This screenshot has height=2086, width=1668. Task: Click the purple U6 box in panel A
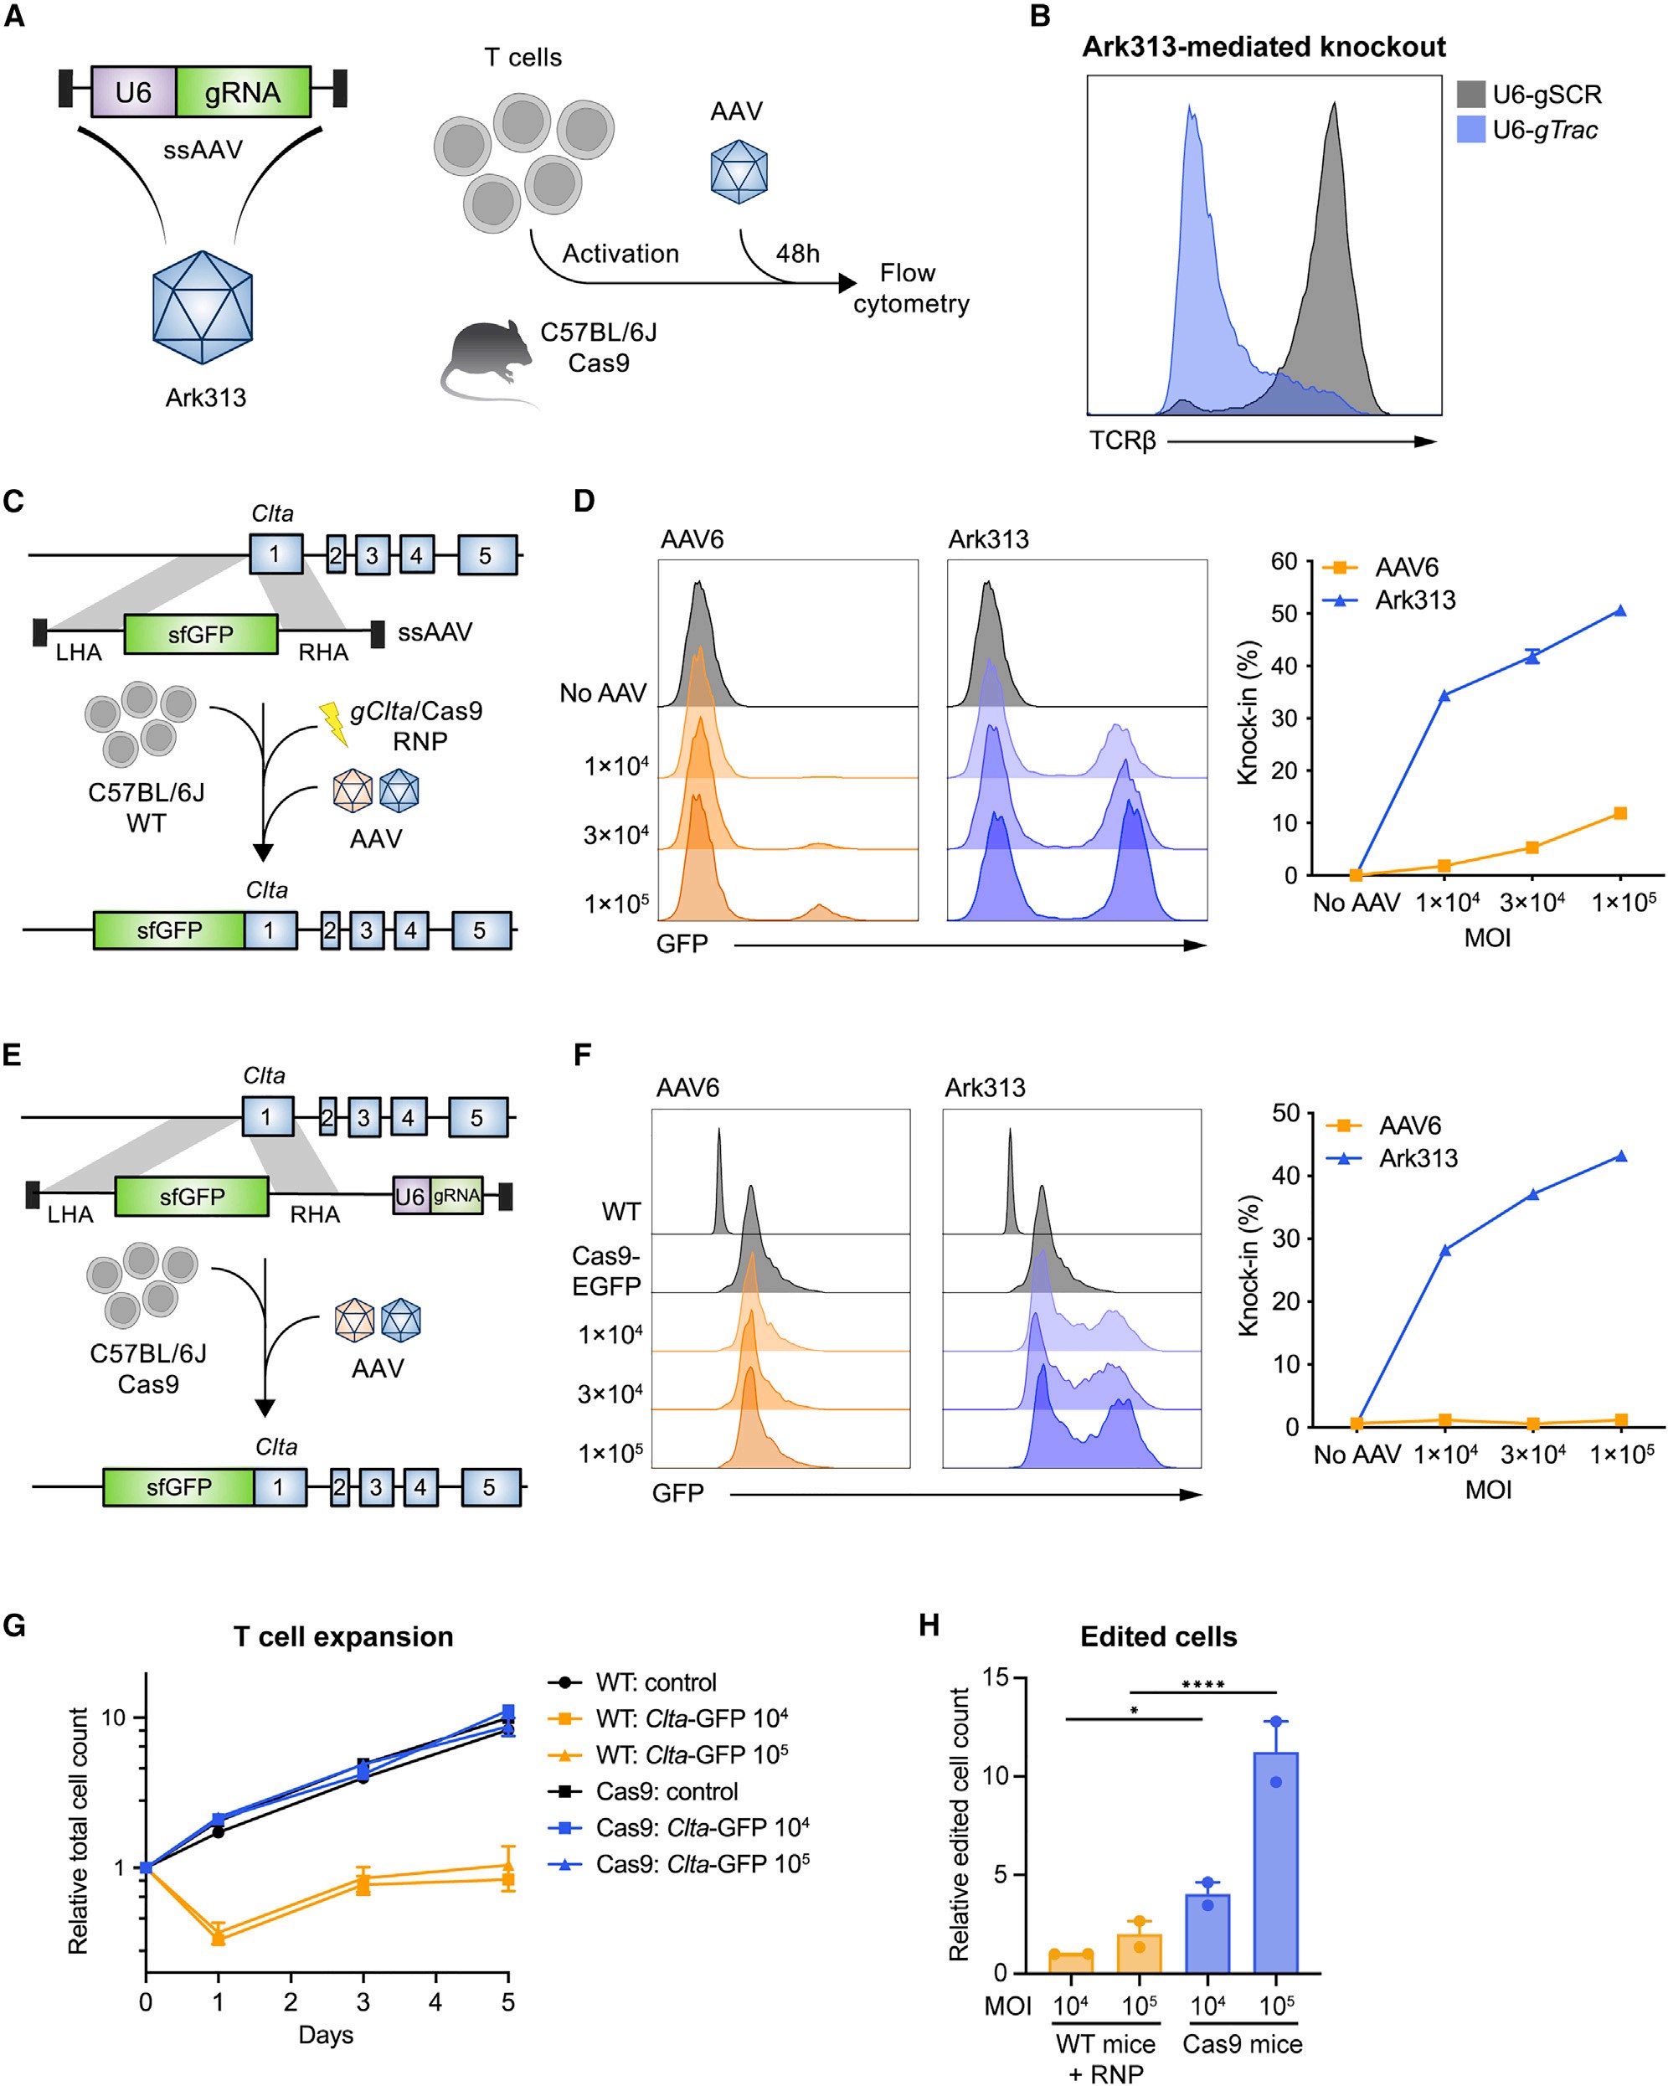133,93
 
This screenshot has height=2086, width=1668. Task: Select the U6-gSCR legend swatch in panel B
1470,94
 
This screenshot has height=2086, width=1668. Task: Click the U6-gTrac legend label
1545,130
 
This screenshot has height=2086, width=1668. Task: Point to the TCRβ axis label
1122,441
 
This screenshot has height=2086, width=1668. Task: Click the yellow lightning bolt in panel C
334,724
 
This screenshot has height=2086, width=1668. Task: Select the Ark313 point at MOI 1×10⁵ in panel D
1619,610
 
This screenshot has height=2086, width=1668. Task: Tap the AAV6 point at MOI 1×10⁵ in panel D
1619,814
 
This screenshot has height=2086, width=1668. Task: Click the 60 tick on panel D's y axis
1283,562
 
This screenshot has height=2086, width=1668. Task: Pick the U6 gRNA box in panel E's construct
437,1196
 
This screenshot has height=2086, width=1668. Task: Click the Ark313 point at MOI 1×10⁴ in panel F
1444,1250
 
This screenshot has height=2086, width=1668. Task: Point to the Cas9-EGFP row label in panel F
606,1270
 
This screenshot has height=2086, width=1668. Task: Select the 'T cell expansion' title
343,1637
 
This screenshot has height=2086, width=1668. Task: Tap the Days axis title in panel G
325,2035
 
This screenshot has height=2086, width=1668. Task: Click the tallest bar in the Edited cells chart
1275,1862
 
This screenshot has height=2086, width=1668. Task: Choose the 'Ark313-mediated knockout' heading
1264,48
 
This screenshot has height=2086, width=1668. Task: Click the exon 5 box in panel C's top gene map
486,555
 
